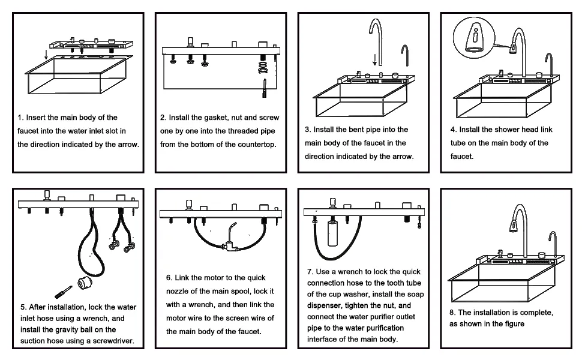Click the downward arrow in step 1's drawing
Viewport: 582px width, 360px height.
pyautogui.click(x=46, y=54)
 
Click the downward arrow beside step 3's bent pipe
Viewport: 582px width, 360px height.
pyautogui.click(x=375, y=60)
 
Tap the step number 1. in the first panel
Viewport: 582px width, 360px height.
pyautogui.click(x=20, y=118)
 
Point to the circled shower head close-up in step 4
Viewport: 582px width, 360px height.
pyautogui.click(x=474, y=38)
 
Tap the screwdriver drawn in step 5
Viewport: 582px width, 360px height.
pyautogui.click(x=63, y=292)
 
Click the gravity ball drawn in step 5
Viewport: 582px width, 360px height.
pyautogui.click(x=85, y=283)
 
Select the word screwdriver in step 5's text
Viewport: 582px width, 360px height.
pyautogui.click(x=113, y=341)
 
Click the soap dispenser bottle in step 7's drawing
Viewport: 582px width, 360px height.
pyautogui.click(x=332, y=232)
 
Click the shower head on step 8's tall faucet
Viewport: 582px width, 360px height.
pyautogui.click(x=514, y=225)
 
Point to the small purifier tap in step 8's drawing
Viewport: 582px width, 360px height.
pyautogui.click(x=553, y=243)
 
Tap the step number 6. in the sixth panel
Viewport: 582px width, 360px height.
pyautogui.click(x=169, y=278)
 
